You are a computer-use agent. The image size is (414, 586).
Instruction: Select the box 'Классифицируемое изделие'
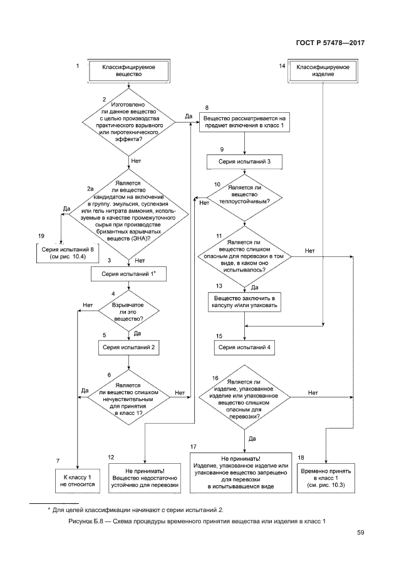pyautogui.click(x=323, y=70)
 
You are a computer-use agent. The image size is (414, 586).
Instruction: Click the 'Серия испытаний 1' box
pyautogui.click(x=128, y=274)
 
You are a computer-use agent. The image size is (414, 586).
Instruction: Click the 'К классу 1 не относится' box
pyautogui.click(x=77, y=480)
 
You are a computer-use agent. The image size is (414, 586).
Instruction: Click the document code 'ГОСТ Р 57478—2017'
pyautogui.click(x=329, y=43)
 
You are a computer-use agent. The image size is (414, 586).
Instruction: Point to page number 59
pyautogui.click(x=361, y=533)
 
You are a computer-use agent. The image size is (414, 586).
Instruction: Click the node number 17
pyautogui.click(x=194, y=446)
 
